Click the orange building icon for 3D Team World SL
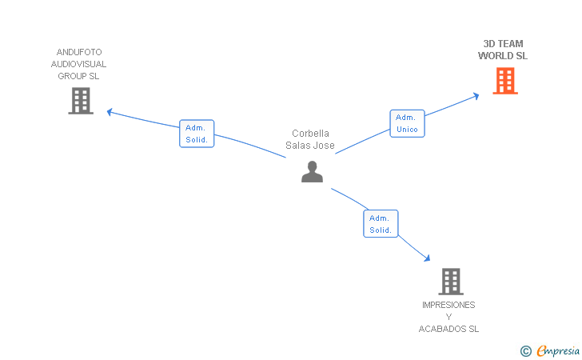pyautogui.click(x=505, y=81)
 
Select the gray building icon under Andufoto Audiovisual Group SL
pyautogui.click(x=81, y=101)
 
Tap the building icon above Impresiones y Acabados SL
pyautogui.click(x=451, y=282)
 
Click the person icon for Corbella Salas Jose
pyautogui.click(x=312, y=171)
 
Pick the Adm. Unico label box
pyautogui.click(x=407, y=123)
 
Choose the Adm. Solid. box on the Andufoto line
pyautogui.click(x=197, y=134)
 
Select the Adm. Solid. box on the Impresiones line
pyautogui.click(x=381, y=224)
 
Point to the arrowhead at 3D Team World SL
pyautogui.click(x=476, y=95)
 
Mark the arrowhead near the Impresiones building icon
pyautogui.click(x=427, y=258)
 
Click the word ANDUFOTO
pyautogui.click(x=79, y=52)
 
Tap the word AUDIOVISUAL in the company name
pyautogui.click(x=78, y=64)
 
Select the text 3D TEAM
pyautogui.click(x=504, y=44)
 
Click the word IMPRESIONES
pyautogui.click(x=448, y=305)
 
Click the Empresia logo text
pyautogui.click(x=559, y=350)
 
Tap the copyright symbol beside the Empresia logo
pyautogui.click(x=525, y=350)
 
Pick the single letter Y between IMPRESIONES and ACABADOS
pyautogui.click(x=448, y=317)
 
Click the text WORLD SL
pyautogui.click(x=503, y=56)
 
